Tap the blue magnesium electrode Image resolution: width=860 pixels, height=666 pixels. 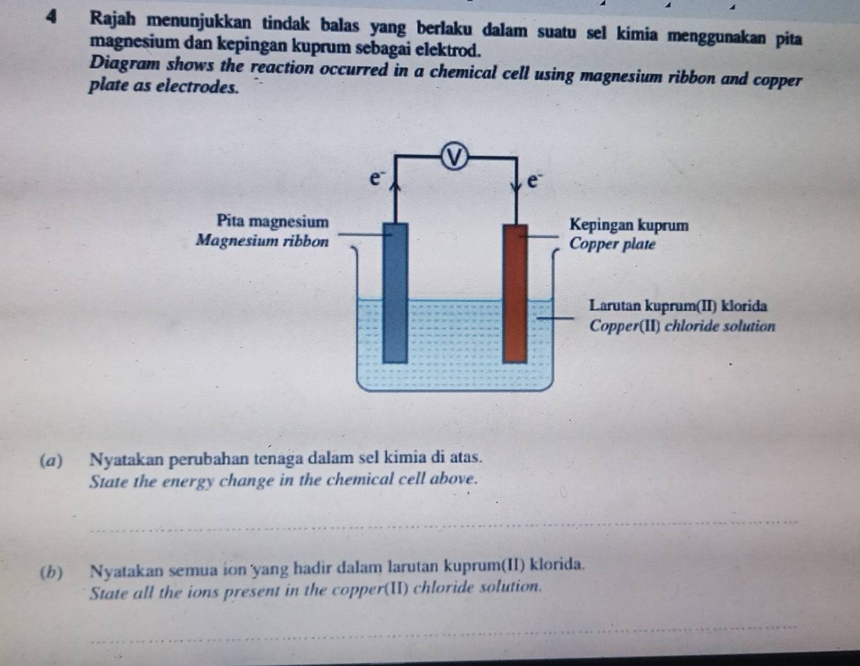[395, 291]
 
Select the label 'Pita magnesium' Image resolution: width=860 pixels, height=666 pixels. [273, 222]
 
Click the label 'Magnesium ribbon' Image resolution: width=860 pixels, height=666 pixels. [262, 241]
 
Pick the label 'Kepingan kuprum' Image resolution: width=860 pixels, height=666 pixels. [630, 225]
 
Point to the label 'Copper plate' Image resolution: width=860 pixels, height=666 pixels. [612, 245]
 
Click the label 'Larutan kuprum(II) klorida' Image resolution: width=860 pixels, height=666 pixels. [678, 306]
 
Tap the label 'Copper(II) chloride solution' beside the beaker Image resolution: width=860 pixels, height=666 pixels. [682, 326]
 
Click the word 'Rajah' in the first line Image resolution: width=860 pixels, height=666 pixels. [116, 20]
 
